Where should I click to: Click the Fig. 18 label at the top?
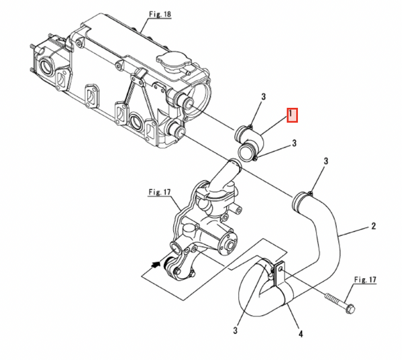click(160, 14)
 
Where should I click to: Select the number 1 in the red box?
click(291, 115)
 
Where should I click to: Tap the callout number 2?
click(373, 226)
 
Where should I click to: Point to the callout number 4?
click(301, 334)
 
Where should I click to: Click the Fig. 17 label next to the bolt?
click(365, 280)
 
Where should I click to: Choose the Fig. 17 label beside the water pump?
click(160, 192)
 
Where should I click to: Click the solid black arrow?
click(156, 265)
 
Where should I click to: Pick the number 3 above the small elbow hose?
click(264, 97)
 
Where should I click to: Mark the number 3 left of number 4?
click(236, 331)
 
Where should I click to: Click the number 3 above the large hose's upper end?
click(326, 162)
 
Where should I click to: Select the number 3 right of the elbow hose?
click(295, 143)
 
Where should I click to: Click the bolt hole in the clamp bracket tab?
click(281, 269)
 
